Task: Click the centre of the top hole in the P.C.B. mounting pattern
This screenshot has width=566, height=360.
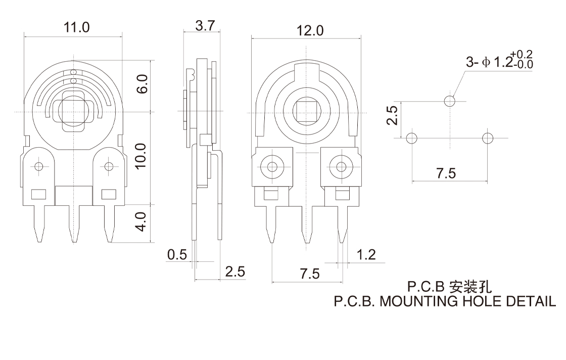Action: point(450,101)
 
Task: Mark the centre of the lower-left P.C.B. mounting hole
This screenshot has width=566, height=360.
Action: point(412,138)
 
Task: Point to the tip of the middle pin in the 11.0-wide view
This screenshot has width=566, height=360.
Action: point(74,242)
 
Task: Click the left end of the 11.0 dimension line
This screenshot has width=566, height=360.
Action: point(24,36)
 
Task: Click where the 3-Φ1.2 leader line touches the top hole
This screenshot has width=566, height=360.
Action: point(453,97)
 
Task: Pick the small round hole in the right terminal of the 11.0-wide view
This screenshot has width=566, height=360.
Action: point(109,166)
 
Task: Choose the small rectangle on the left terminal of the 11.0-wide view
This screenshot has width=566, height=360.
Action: point(38,195)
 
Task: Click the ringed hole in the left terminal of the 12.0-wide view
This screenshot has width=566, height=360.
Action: point(272,167)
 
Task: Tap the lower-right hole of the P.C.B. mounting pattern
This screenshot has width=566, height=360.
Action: point(488,138)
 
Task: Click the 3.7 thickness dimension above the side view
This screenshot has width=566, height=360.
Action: point(205,26)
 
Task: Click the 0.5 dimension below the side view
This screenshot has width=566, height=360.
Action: point(177,254)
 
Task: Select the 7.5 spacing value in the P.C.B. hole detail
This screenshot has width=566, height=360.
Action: point(446,173)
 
